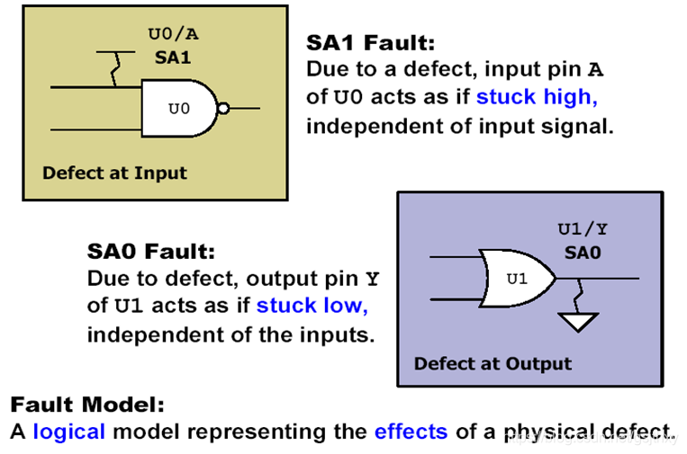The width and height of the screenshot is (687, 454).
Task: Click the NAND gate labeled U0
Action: (179, 109)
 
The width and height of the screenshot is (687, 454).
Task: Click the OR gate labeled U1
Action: (518, 278)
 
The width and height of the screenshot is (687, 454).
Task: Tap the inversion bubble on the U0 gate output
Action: (223, 109)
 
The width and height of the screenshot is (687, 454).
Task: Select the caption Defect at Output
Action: (493, 364)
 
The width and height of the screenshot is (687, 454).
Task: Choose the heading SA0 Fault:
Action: (151, 252)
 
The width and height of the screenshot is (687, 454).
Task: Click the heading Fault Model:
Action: (87, 405)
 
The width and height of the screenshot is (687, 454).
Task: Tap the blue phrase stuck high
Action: (537, 97)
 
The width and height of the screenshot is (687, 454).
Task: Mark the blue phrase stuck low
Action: (312, 306)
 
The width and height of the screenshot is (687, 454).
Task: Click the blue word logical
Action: (69, 432)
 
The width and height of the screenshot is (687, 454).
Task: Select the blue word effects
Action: (411, 432)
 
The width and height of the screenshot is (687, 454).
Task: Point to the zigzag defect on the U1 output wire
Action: (580, 292)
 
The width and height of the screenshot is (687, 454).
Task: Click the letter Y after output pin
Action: (373, 279)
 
